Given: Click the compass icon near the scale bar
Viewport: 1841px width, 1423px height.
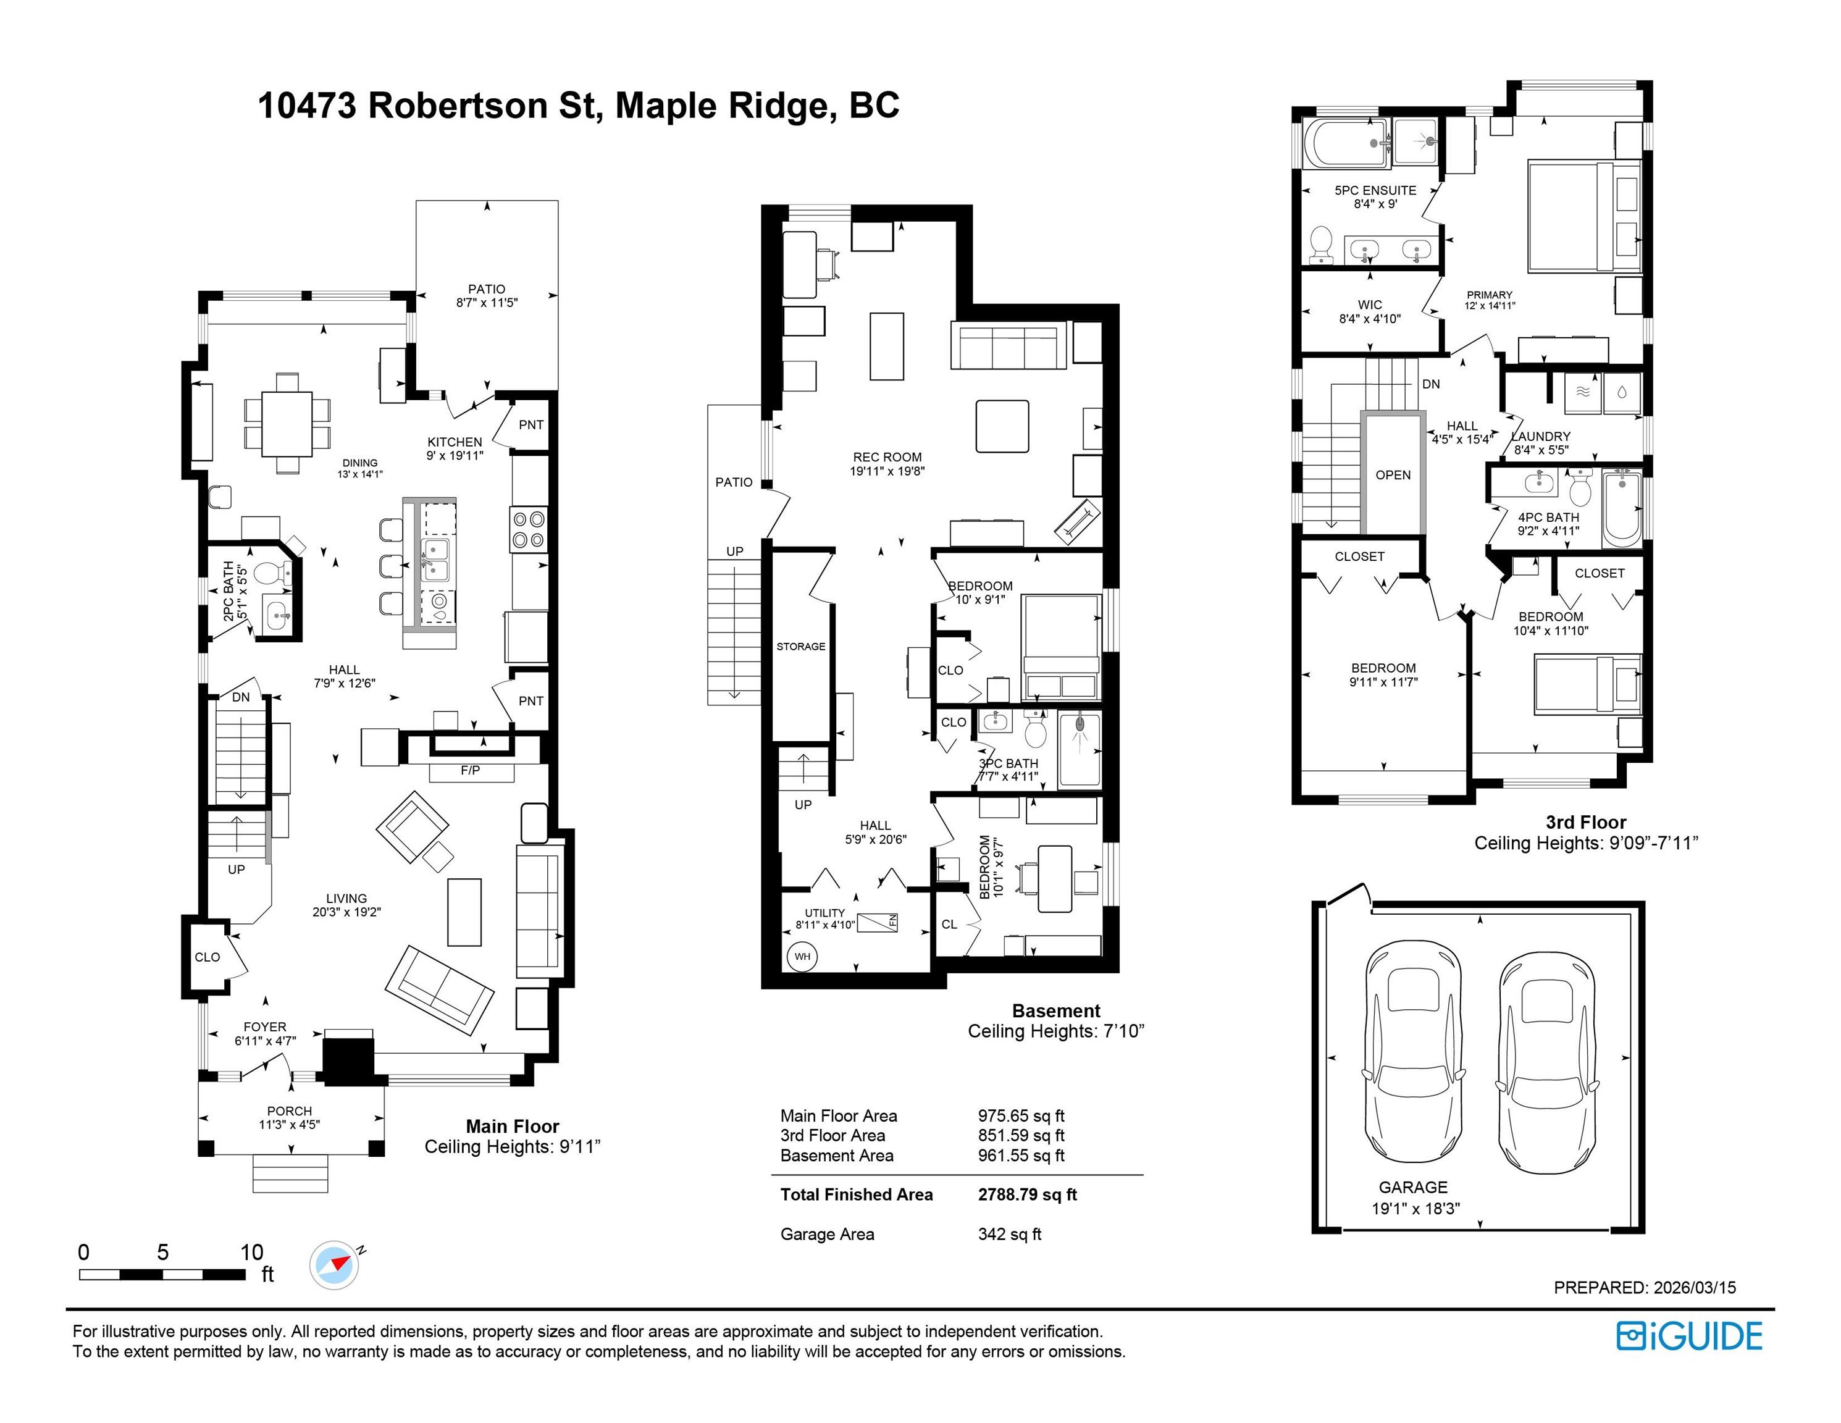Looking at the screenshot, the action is click(x=335, y=1266).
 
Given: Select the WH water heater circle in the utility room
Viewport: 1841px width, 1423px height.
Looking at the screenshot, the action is click(x=802, y=956).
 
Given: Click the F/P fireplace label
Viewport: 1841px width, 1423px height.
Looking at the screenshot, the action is click(x=471, y=771).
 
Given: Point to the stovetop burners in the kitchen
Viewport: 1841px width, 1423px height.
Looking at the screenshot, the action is click(x=529, y=529).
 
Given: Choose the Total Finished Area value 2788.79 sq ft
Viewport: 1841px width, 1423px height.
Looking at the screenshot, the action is click(x=1028, y=1194).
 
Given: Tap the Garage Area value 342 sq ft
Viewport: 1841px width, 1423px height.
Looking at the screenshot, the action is click(x=1010, y=1234).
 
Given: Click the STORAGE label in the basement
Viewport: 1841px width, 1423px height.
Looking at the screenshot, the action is click(x=801, y=647).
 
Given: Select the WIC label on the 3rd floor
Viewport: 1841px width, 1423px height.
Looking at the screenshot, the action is click(x=1370, y=304).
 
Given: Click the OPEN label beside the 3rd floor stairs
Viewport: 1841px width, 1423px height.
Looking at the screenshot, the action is click(x=1393, y=476).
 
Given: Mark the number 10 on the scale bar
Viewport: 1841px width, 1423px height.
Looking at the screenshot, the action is click(x=251, y=1252).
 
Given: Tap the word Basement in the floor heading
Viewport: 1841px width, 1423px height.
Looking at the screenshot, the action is click(x=1056, y=1011).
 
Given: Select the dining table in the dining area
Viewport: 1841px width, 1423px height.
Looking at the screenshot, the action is click(x=287, y=423).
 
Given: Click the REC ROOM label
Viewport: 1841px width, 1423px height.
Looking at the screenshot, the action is click(x=887, y=458).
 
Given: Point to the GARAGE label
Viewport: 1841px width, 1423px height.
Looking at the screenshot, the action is click(x=1414, y=1187).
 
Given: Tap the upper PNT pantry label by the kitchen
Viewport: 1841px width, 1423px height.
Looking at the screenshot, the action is click(x=531, y=425).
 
